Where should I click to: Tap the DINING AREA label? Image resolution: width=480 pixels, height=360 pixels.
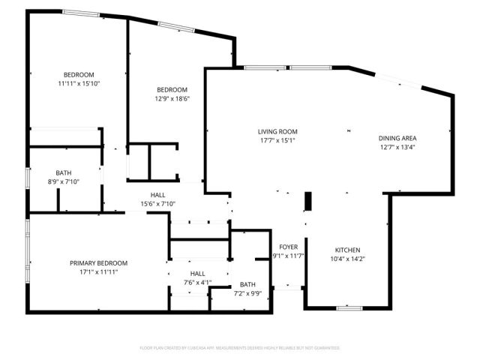[397, 138]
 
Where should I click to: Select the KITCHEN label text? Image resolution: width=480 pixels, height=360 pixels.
[347, 250]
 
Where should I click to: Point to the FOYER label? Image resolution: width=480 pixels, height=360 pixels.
[289, 247]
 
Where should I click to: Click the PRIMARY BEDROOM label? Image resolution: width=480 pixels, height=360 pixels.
[98, 263]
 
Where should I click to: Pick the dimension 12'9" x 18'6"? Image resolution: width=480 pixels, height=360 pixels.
[172, 98]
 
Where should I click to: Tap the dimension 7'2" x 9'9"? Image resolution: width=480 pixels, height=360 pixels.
[247, 294]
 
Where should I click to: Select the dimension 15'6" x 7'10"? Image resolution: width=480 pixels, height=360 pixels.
[157, 204]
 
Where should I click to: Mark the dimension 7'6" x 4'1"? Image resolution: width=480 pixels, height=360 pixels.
[197, 283]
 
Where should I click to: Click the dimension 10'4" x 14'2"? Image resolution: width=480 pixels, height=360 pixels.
[347, 259]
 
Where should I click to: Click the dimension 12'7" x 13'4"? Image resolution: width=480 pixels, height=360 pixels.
[397, 147]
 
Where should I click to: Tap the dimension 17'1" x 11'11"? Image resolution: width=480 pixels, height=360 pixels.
[98, 272]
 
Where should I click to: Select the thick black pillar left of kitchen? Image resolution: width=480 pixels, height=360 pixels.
[307, 203]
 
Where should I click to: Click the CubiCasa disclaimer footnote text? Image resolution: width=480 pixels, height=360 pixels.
[240, 348]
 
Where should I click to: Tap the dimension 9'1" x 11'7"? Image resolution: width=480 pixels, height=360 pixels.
[289, 256]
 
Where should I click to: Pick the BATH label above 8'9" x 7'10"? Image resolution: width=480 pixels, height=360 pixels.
[64, 173]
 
